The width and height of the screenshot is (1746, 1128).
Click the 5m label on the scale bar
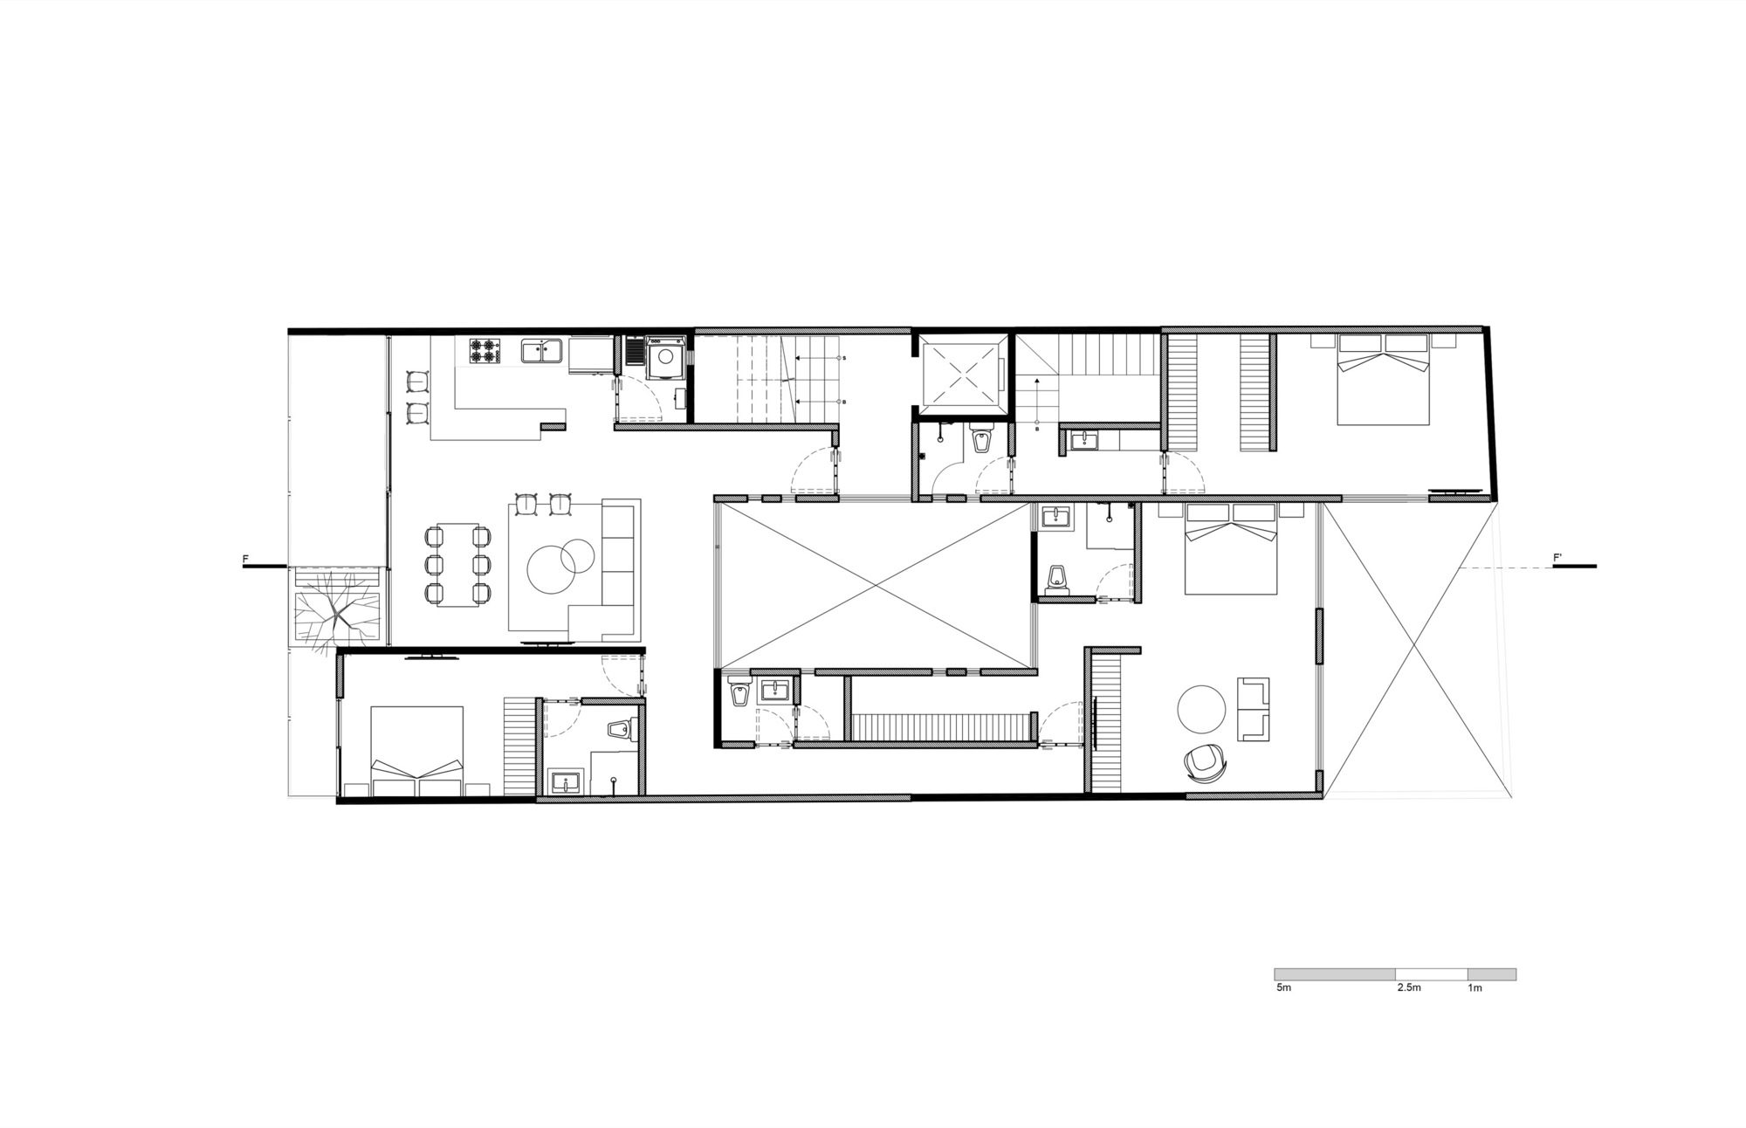[x=1283, y=987]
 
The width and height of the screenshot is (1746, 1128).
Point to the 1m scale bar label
[x=1475, y=987]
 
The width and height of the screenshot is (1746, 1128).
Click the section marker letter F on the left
[x=245, y=557]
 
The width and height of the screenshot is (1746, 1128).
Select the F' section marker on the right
[x=1557, y=557]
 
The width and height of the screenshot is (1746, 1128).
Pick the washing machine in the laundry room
[x=668, y=357]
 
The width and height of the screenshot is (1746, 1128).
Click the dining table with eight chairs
[x=455, y=564]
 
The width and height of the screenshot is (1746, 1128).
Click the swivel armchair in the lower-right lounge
[x=1206, y=763]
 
